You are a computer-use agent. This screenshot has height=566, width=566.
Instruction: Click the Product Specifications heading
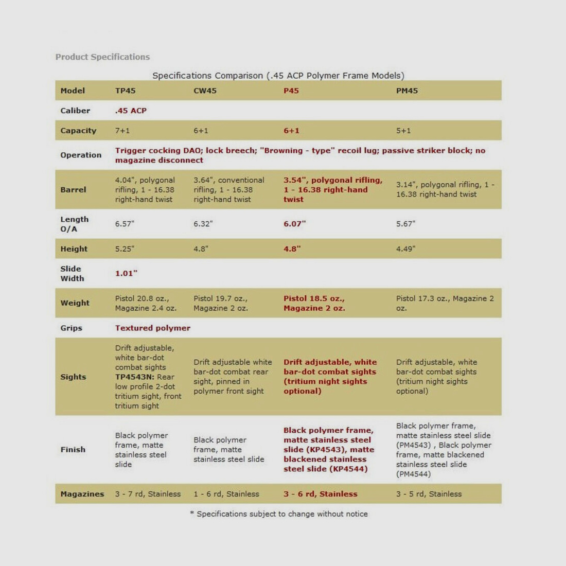[x=102, y=57]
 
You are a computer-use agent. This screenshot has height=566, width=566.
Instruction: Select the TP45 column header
[x=125, y=91]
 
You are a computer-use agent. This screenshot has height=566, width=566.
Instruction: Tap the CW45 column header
[x=205, y=91]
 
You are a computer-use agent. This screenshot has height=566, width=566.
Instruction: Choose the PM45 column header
[x=406, y=91]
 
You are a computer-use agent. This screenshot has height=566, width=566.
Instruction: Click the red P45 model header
[x=291, y=91]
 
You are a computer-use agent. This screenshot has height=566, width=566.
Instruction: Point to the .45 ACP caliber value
[x=131, y=111]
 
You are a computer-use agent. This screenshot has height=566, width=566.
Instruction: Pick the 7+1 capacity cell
[x=122, y=131]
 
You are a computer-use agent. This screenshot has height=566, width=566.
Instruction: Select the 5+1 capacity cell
[x=403, y=131]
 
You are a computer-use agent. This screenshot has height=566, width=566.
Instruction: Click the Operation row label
[x=81, y=155]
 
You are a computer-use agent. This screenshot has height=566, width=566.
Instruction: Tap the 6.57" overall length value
[x=125, y=224]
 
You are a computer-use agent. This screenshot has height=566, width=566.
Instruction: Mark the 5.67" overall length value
[x=405, y=224]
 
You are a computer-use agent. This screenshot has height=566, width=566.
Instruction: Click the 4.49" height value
[x=405, y=249]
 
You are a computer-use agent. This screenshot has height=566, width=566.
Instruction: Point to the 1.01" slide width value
[x=126, y=273]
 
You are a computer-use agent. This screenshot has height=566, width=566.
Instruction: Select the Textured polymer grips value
[x=152, y=328]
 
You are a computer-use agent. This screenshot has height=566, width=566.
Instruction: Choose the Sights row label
[x=73, y=377]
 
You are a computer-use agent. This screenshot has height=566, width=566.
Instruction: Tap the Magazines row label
[x=82, y=494]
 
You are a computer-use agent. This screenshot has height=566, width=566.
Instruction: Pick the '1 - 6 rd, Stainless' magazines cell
[x=226, y=494]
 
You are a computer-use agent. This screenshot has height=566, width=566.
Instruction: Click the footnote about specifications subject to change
[x=279, y=514]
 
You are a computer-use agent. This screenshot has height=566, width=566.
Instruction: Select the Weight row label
[x=75, y=303]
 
